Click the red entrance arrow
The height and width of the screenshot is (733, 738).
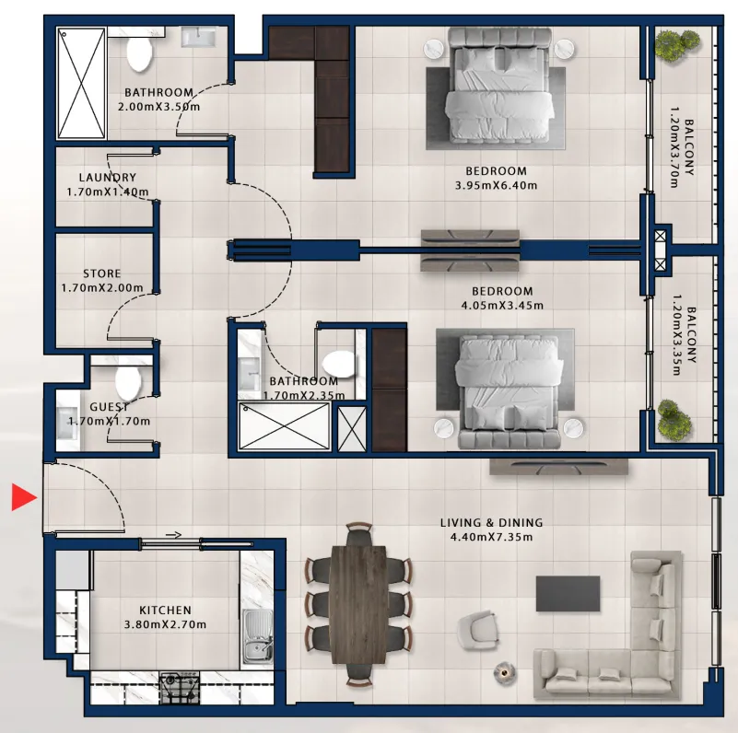pos(24,497)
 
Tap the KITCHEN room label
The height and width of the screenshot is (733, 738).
pos(165,611)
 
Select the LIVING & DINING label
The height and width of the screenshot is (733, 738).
pos(491,523)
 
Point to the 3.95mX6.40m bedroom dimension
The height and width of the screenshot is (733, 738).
pos(496,185)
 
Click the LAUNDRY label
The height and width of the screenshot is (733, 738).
pos(108,178)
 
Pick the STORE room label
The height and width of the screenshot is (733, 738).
pos(102,273)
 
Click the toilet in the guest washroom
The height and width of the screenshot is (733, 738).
pos(128,381)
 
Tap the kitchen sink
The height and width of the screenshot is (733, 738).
pos(257,635)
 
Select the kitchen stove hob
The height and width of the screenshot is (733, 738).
pos(180,687)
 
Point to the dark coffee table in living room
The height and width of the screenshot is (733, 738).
pos(568,594)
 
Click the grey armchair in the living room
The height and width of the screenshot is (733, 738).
pos(477,631)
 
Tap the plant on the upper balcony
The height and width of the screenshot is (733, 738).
pos(678,45)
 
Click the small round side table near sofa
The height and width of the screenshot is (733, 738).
pos(505,672)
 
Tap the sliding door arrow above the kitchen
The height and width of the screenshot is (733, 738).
pos(174,534)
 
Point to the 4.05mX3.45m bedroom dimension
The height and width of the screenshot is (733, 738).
pos(502,306)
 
